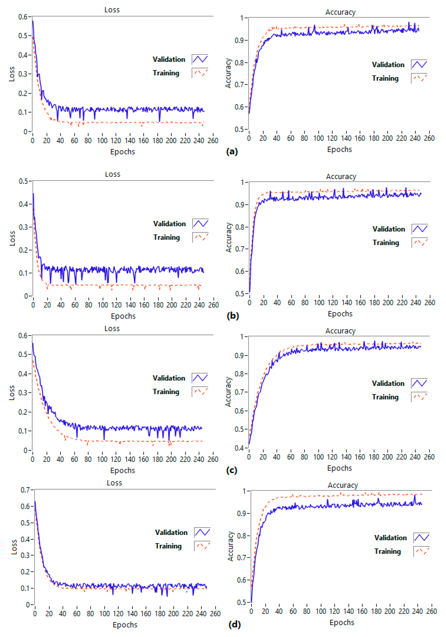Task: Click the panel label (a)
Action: point(232,152)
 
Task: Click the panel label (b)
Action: point(233,316)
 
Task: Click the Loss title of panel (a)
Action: point(112,10)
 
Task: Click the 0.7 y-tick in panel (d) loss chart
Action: point(25,490)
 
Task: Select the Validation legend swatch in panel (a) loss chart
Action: point(200,59)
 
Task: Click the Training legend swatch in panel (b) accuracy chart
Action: point(420,243)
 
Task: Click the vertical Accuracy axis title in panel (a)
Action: point(228,73)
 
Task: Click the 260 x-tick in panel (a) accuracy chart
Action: point(429,138)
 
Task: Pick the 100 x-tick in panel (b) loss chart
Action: point(103,305)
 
